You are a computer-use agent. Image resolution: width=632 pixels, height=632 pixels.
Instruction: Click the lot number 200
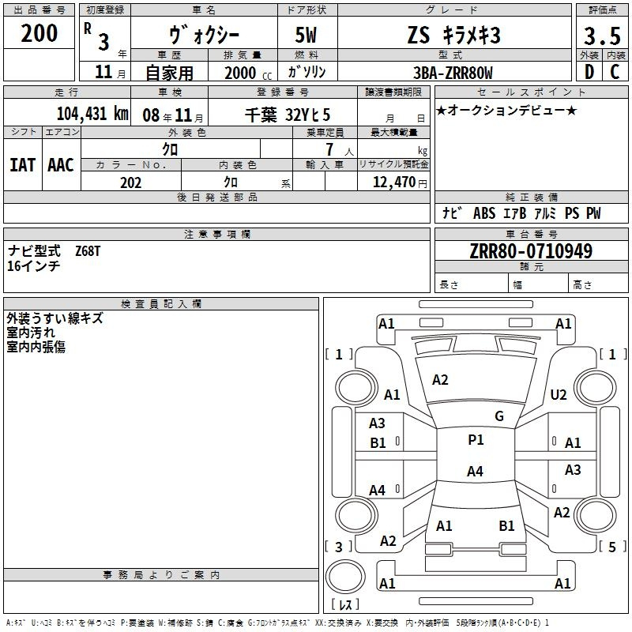click(39, 33)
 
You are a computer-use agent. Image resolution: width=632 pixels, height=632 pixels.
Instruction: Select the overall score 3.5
click(602, 36)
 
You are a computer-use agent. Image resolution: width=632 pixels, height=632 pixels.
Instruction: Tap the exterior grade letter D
click(589, 72)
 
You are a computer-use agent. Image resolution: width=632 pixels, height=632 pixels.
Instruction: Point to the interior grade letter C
click(615, 72)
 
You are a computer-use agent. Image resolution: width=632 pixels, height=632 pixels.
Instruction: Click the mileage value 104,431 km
click(92, 114)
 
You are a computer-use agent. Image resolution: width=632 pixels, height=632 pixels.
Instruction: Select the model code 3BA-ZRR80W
click(453, 73)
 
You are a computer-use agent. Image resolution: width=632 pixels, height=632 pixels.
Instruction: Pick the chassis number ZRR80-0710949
click(531, 251)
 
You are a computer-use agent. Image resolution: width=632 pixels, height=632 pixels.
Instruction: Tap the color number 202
click(130, 182)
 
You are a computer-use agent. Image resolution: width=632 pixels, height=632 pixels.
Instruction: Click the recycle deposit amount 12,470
click(394, 182)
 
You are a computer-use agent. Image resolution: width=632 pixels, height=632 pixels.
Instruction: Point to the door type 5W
click(307, 35)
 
